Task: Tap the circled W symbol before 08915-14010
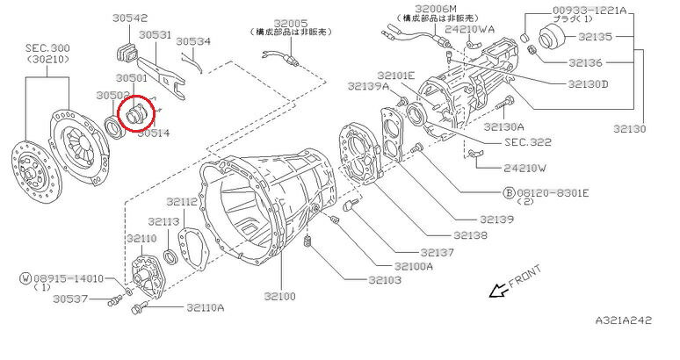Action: [x=25, y=277]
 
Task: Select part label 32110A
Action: [x=205, y=308]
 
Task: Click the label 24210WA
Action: [x=469, y=29]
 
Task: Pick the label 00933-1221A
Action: [x=590, y=11]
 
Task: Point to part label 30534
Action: [x=193, y=40]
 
